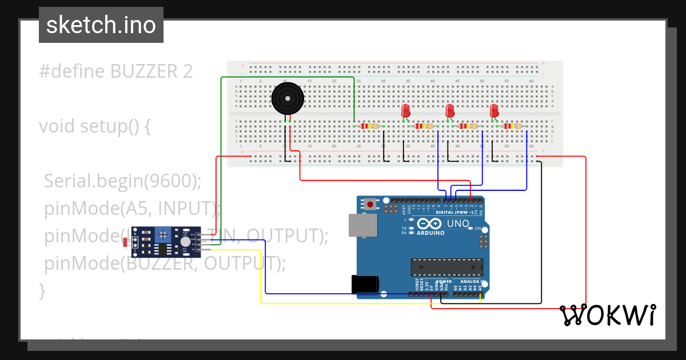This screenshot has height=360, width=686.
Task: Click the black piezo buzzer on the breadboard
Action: click(287, 99)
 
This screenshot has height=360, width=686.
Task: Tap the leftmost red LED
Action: click(406, 110)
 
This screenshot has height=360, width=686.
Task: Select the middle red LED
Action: click(450, 110)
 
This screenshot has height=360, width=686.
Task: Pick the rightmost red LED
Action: click(494, 110)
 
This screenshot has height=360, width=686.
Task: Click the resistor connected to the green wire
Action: click(370, 126)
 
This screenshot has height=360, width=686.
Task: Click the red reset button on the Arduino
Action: click(371, 203)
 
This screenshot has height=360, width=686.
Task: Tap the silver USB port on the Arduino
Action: click(363, 225)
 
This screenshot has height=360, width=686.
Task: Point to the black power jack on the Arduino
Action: click(366, 284)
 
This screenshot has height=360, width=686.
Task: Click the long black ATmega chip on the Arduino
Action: click(446, 266)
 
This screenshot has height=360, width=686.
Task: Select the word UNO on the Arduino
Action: click(457, 223)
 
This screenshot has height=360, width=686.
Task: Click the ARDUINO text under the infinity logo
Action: click(430, 233)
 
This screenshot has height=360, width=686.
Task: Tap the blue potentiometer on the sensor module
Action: click(164, 234)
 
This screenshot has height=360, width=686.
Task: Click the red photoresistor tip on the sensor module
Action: click(125, 242)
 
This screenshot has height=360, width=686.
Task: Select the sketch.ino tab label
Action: click(101, 25)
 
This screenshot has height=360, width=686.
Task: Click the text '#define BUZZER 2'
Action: click(115, 71)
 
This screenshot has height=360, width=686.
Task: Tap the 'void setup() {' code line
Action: click(94, 126)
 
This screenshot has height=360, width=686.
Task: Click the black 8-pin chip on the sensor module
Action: click(163, 249)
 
